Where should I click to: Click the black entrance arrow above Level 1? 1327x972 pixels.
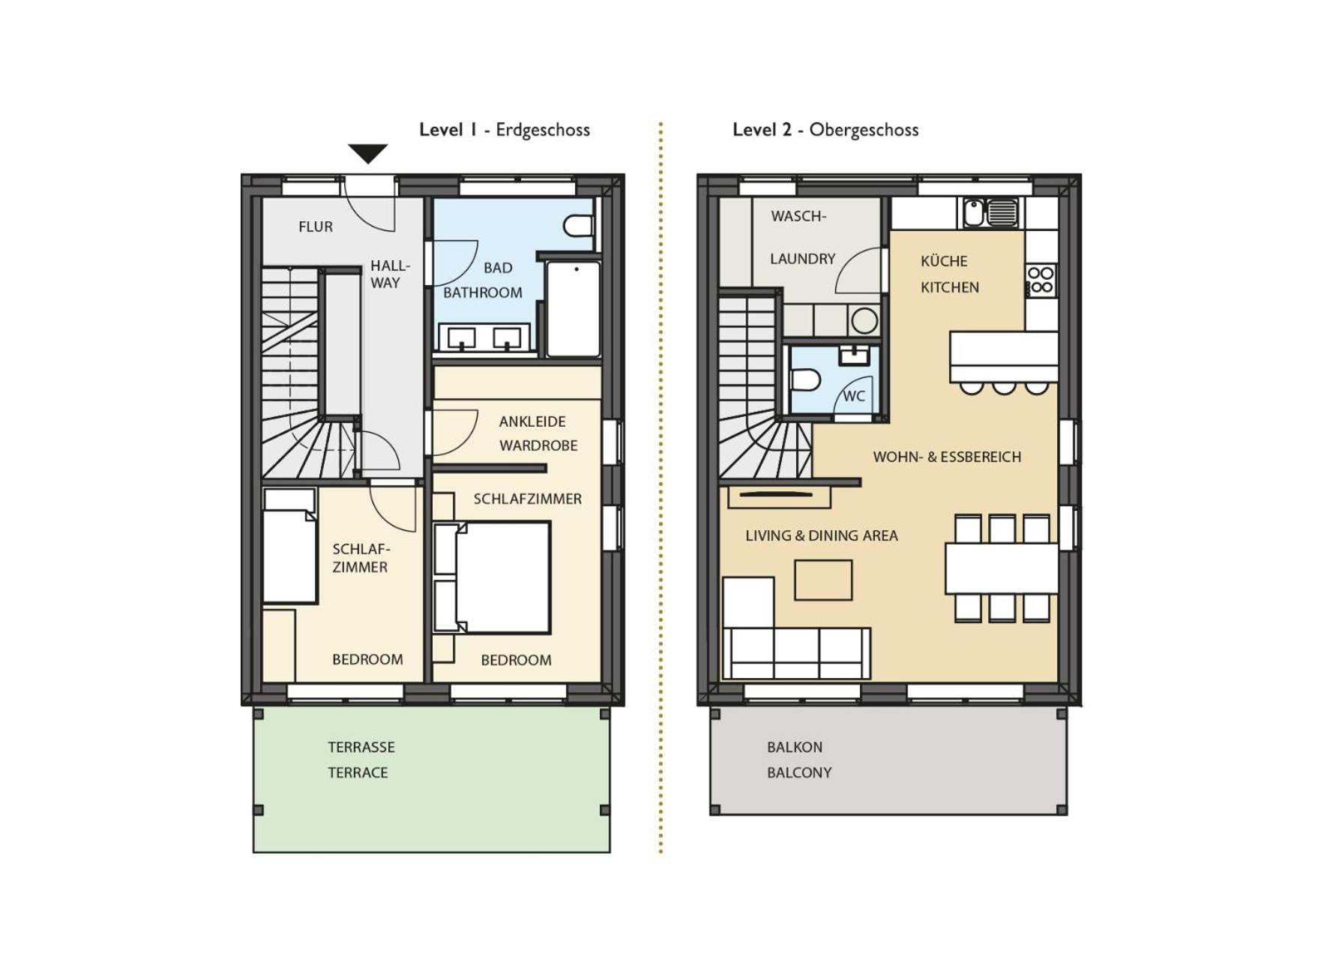click(x=367, y=152)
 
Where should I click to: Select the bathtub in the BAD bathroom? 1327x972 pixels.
click(x=573, y=307)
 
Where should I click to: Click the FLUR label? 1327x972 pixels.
click(x=315, y=226)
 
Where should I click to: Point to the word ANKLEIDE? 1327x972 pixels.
click(x=532, y=421)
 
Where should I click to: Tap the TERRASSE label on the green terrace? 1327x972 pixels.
click(x=361, y=747)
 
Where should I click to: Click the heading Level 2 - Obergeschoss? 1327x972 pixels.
click(x=825, y=130)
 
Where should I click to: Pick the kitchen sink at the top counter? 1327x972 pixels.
click(x=990, y=212)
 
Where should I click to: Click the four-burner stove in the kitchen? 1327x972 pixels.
click(x=1040, y=280)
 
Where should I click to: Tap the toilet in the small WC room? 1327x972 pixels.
click(x=805, y=379)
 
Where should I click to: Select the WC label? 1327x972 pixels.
click(x=854, y=397)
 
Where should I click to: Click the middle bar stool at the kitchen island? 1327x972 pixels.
click(x=1003, y=387)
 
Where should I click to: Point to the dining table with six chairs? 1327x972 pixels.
click(x=1001, y=568)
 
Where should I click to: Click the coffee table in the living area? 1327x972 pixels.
click(x=822, y=580)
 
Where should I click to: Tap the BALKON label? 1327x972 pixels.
click(x=794, y=747)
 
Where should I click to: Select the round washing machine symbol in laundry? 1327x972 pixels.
click(x=864, y=321)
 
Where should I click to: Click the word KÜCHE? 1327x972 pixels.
click(x=943, y=261)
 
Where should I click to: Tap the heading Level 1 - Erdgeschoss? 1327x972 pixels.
click(x=504, y=130)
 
